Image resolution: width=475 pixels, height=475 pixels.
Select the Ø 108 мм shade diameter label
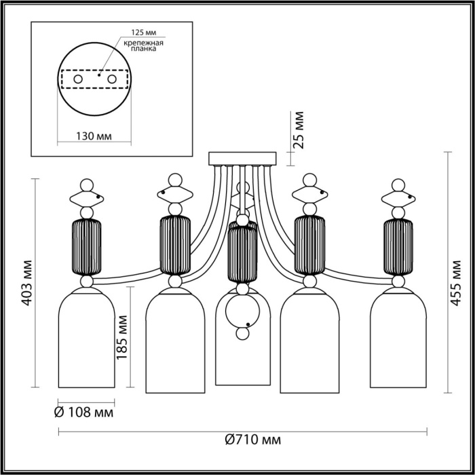[x=83, y=412]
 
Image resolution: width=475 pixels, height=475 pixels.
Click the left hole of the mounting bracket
[x=78, y=80]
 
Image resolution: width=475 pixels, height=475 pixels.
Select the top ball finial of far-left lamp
[x=86, y=184]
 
